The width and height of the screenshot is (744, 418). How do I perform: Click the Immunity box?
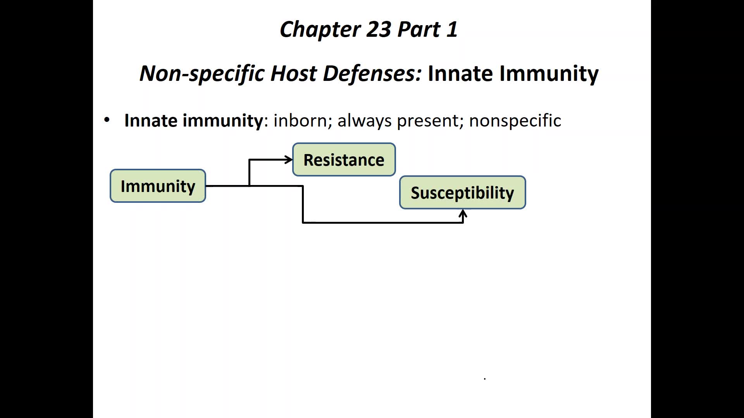(x=158, y=186)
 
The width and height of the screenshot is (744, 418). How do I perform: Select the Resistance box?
(x=344, y=159)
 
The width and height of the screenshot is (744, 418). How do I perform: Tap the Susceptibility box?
(x=462, y=192)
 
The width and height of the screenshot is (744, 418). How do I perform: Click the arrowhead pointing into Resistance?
(x=289, y=159)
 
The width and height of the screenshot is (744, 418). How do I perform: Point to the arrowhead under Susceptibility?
(x=463, y=214)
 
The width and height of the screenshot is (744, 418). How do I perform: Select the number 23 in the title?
(x=379, y=29)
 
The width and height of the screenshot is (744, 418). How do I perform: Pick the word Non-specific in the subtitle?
(x=201, y=73)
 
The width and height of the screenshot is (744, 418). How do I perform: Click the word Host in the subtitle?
(x=293, y=73)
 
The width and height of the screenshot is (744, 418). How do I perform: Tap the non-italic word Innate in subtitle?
(x=460, y=73)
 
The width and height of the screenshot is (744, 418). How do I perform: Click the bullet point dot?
(x=107, y=120)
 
